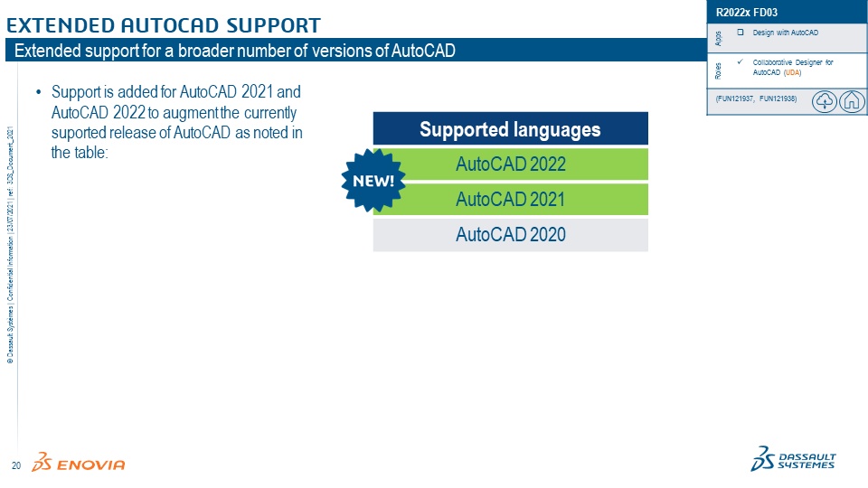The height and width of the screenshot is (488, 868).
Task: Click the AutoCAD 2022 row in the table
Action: pyautogui.click(x=510, y=164)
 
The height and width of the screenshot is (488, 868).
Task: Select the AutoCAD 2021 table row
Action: pyautogui.click(x=510, y=199)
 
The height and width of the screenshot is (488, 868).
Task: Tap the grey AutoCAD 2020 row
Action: pyautogui.click(x=510, y=235)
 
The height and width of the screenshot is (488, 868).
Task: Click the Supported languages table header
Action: pyautogui.click(x=510, y=129)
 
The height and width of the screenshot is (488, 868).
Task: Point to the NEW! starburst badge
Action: pyautogui.click(x=373, y=181)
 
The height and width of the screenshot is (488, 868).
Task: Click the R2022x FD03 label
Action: pyautogui.click(x=746, y=12)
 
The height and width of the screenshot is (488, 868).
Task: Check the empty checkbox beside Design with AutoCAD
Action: pyautogui.click(x=741, y=33)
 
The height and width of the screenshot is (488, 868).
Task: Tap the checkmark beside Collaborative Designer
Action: pyautogui.click(x=741, y=61)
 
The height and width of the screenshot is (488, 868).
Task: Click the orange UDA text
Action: pyautogui.click(x=792, y=72)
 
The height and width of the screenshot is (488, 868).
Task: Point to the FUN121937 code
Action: pyautogui.click(x=735, y=99)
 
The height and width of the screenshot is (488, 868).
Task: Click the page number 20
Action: pyautogui.click(x=16, y=465)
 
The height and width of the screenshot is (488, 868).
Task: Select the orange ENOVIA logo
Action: pyautogui.click(x=78, y=462)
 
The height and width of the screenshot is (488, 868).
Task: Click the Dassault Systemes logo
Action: pyautogui.click(x=793, y=459)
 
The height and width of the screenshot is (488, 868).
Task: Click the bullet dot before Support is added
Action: pyautogui.click(x=38, y=92)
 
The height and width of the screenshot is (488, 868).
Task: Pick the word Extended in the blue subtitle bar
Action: pyautogui.click(x=49, y=51)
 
